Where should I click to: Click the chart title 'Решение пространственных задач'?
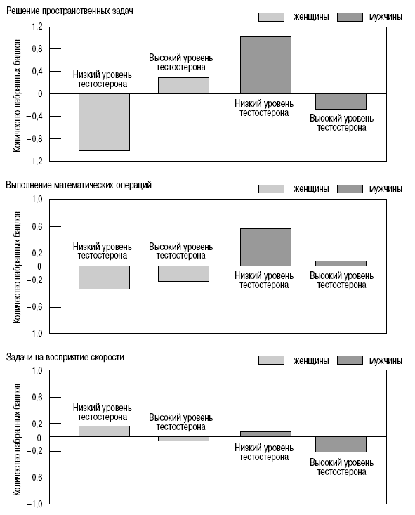pos(70,11)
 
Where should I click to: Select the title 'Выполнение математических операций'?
pos(79,185)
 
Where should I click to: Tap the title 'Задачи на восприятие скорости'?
pos(65,357)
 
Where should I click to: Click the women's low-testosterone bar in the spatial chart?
pos(105,122)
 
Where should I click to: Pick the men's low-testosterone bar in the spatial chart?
pos(265,65)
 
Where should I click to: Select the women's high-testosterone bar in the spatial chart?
pos(183,86)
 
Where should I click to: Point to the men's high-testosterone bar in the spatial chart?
pos(341,101)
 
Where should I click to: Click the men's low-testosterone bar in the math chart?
pos(265,247)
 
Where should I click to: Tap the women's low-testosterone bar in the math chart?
pos(105,278)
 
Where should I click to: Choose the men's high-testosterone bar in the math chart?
pos(341,263)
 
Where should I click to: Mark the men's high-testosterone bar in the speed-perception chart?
pos(341,444)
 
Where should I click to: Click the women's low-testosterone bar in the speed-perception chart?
pos(105,431)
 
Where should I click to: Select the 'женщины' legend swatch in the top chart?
pos(271,17)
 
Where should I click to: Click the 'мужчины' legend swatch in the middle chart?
pos(350,189)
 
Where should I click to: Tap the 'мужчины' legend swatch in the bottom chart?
pos(350,360)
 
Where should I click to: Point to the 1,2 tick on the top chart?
pos(37,27)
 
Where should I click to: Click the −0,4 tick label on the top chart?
pos(35,116)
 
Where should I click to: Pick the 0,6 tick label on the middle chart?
pos(37,227)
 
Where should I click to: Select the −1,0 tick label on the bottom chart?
pos(35,504)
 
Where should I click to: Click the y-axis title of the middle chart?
pos(17,268)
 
